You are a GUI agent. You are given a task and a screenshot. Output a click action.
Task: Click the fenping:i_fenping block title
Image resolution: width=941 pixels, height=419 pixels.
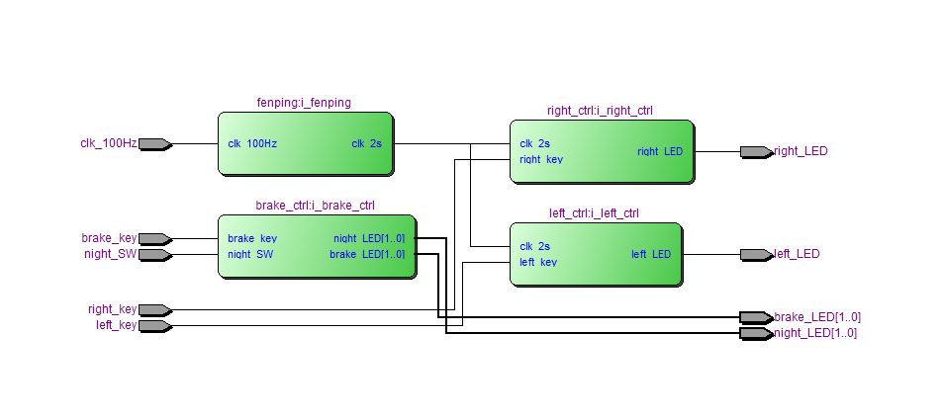click(x=304, y=103)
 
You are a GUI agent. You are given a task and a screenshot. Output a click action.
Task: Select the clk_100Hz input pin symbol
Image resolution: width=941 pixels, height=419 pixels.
click(x=154, y=144)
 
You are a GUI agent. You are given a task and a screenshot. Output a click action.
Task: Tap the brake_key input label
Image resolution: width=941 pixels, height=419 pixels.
click(x=109, y=238)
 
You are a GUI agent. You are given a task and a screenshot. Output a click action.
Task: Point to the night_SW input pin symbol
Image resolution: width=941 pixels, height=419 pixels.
click(x=154, y=255)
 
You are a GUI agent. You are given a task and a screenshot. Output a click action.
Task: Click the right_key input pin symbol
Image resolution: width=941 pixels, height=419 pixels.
click(x=154, y=310)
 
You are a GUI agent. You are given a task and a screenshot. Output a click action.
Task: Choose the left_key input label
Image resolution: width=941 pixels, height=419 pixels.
click(x=116, y=325)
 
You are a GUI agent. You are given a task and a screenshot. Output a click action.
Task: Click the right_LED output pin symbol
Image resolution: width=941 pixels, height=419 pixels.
click(x=756, y=152)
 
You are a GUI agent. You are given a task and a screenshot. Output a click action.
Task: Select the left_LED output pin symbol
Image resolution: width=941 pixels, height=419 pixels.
click(x=756, y=255)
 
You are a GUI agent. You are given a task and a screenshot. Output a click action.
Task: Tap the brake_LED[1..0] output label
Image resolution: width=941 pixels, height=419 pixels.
click(x=817, y=317)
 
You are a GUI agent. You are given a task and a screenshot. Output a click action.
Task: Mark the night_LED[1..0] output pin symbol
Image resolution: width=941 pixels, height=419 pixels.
click(x=756, y=334)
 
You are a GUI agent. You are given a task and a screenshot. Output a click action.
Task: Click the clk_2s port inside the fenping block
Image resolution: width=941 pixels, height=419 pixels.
click(x=366, y=144)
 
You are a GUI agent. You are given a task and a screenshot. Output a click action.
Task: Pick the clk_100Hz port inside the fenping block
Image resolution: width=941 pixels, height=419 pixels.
click(x=252, y=144)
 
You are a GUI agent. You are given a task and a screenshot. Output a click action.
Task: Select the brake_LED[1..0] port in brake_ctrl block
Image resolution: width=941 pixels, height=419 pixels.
click(x=367, y=255)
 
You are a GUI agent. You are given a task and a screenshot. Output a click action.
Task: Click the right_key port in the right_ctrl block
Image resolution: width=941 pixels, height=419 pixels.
click(x=541, y=159)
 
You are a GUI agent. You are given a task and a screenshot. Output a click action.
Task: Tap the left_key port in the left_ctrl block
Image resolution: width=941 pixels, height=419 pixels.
click(x=538, y=263)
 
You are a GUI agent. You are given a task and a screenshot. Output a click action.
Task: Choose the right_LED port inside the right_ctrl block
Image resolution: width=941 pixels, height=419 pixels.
click(x=660, y=152)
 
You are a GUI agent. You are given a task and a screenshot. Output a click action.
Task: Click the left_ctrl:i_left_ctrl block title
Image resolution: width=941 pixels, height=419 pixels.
click(x=594, y=213)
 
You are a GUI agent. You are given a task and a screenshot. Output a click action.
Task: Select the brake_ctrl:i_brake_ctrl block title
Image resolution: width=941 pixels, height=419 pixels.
click(x=315, y=206)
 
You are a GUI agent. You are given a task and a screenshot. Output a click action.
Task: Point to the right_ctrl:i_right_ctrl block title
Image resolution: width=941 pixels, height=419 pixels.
click(x=600, y=111)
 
